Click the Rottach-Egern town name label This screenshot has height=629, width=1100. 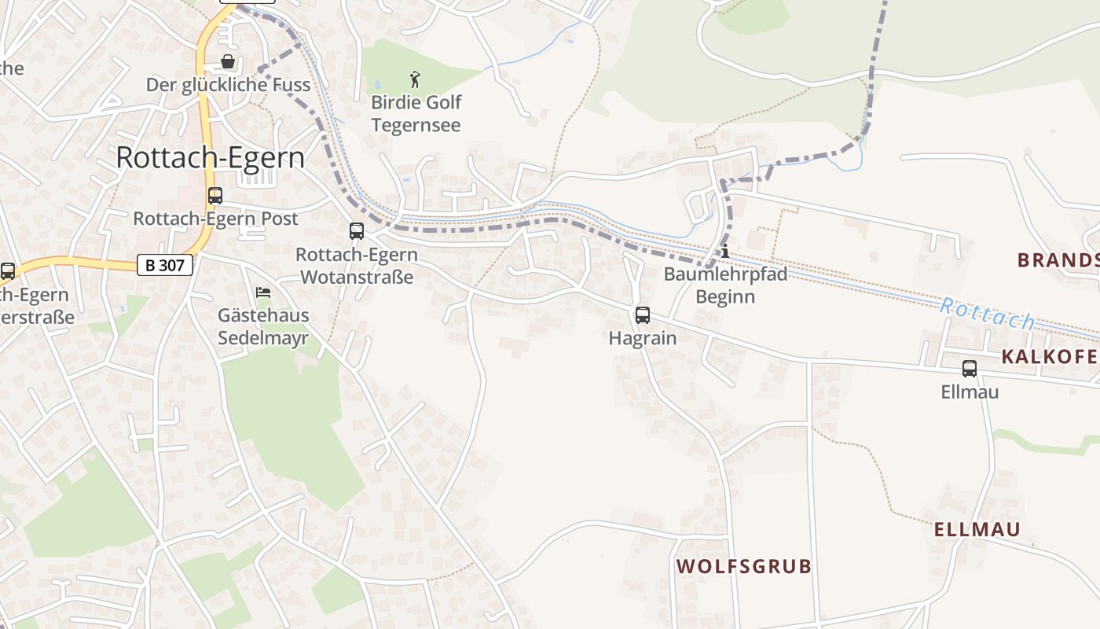coord(210,157)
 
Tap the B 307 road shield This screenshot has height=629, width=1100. coord(164,265)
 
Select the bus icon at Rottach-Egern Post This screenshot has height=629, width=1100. coord(214,196)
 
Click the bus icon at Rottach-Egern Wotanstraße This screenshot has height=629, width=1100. coord(357,231)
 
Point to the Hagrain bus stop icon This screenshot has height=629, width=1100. coord(643,315)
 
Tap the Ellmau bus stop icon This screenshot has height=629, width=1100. coord(970,368)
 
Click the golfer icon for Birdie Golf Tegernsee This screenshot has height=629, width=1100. coord(416,79)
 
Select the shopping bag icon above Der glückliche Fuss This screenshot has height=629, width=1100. coord(228,61)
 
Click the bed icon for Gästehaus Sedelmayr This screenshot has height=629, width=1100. coord(263,292)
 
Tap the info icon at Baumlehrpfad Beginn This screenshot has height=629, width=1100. coord(724,252)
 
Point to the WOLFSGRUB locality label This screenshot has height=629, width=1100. coord(743,566)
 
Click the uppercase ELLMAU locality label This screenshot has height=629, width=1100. coord(977,529)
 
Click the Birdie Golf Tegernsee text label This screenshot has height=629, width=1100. coord(416,113)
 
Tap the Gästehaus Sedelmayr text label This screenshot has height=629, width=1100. coord(263,327)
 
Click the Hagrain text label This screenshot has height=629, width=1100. coord(643,338)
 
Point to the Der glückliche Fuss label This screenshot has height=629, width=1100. coord(228,85)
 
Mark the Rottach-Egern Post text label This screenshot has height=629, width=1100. coord(215,219)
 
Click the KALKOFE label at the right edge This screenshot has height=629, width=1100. coord(1049,357)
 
